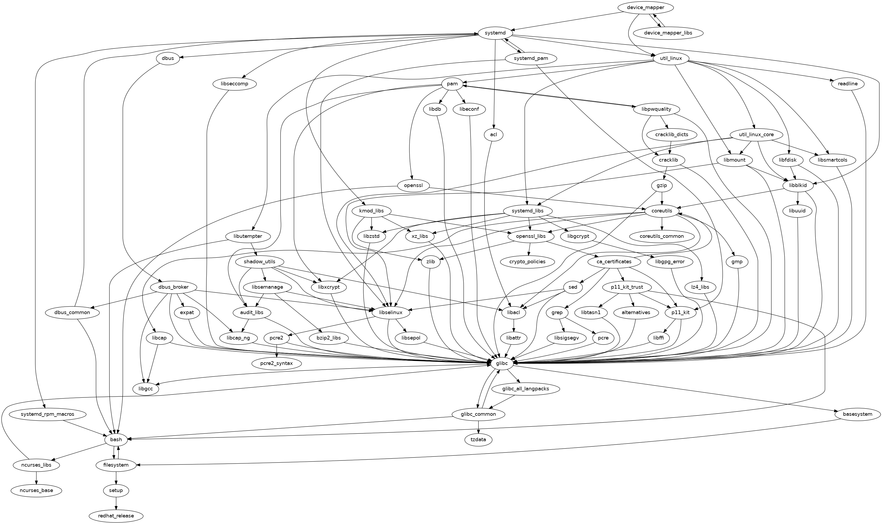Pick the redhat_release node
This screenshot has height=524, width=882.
pos(116,516)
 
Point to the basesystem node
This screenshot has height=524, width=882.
pos(858,414)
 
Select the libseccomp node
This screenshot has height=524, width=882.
pos(235,84)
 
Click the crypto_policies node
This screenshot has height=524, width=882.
pos(527,262)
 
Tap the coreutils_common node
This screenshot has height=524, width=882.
pos(662,236)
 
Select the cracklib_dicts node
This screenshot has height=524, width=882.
pos(670,135)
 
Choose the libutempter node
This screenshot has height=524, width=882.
pos(248,236)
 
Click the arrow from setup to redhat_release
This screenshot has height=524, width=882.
pos(116,503)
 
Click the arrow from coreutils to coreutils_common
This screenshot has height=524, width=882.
pos(662,223)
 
